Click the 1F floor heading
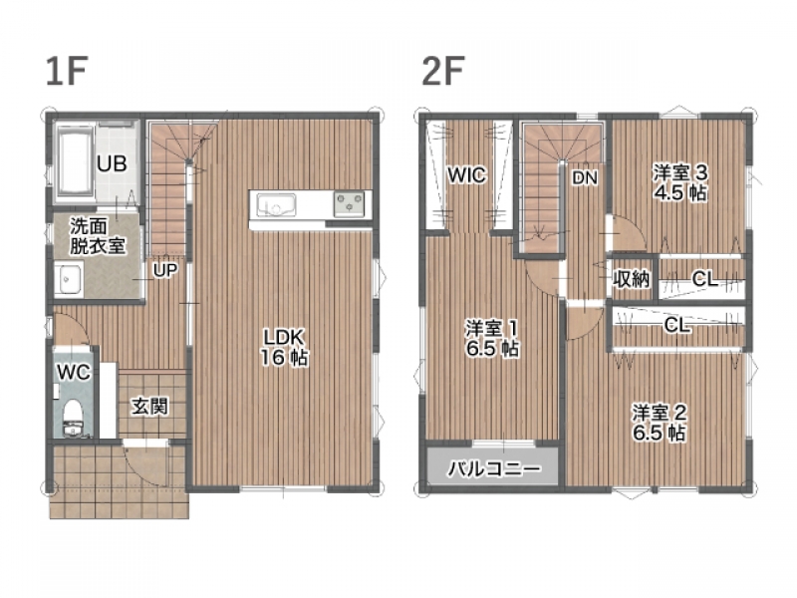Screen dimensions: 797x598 [x=67, y=71]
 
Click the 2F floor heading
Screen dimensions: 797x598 [x=443, y=71]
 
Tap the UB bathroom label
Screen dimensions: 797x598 [x=112, y=163]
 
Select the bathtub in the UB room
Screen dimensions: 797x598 [x=76, y=161]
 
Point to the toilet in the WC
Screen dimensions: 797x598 [x=73, y=418]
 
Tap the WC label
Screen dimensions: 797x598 [x=74, y=372]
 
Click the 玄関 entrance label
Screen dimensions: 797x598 [x=149, y=407]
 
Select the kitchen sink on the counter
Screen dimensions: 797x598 [x=276, y=205]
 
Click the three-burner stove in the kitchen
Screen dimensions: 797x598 [x=350, y=204]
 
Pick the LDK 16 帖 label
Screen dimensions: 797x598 [x=284, y=347]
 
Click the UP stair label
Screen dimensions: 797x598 [x=165, y=270]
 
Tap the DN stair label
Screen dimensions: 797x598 [x=585, y=177]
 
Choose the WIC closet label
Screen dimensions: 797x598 [x=466, y=175]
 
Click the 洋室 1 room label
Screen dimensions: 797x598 [x=492, y=329]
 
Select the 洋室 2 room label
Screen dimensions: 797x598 [x=660, y=413]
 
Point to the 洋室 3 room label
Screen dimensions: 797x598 [x=680, y=172]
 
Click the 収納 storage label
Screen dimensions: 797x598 [x=631, y=279]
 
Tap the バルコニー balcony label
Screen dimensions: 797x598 [x=494, y=468]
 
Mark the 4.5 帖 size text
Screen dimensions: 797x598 [x=680, y=193]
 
